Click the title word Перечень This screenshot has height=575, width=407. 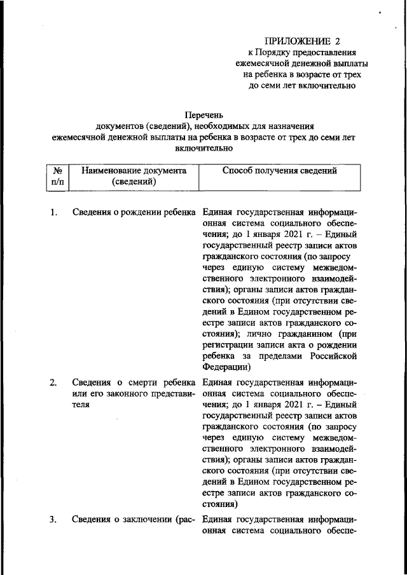point(202,115)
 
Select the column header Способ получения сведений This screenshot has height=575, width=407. point(280,170)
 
